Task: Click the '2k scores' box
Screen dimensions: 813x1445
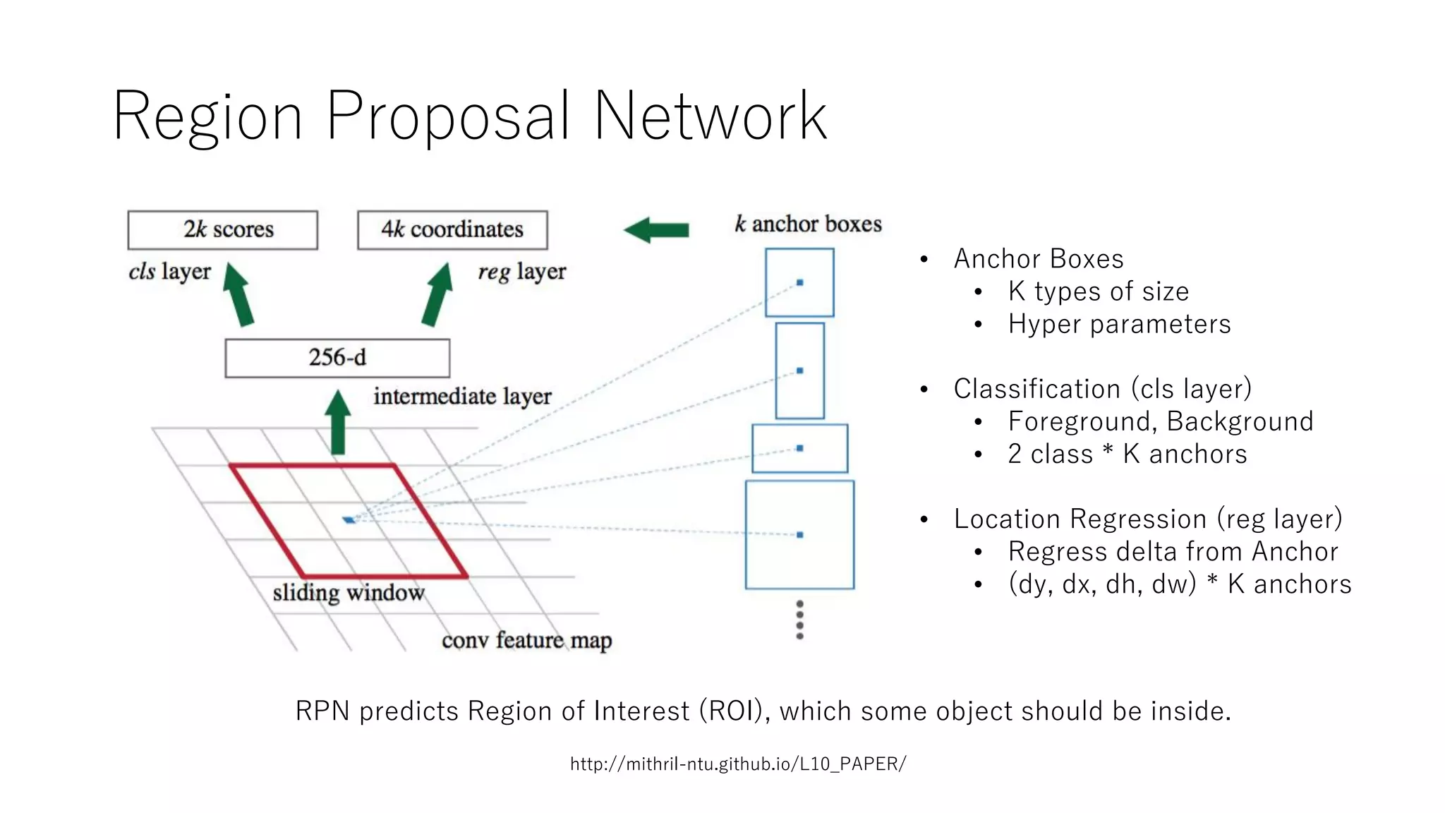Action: [x=223, y=230]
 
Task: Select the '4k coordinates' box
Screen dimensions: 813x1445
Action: [x=452, y=230]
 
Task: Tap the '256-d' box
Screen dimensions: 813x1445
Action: [x=337, y=358]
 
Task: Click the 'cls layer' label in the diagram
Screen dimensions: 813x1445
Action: [x=169, y=272]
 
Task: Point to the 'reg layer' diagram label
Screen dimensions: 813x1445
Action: [x=521, y=272]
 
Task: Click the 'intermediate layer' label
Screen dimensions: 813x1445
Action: [x=462, y=397]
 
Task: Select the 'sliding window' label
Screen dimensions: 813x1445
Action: [x=349, y=593]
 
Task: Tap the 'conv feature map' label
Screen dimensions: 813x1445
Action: [x=526, y=641]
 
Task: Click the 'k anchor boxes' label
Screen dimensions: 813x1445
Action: [x=808, y=224]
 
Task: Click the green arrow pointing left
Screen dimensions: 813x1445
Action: [x=656, y=230]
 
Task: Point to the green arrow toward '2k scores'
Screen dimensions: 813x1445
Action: [x=238, y=294]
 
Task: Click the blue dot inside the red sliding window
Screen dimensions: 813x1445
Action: [x=349, y=520]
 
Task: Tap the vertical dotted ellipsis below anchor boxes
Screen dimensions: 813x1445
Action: [x=799, y=620]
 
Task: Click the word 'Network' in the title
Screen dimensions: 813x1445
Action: [x=711, y=116]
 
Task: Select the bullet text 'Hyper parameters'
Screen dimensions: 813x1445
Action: [x=1119, y=324]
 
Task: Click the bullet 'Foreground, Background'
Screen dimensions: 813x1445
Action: [x=1160, y=421]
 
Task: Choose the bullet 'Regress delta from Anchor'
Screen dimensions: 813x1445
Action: [x=1173, y=551]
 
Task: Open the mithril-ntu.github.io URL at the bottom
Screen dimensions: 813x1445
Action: [x=738, y=764]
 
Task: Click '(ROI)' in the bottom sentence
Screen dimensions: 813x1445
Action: [x=734, y=711]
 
